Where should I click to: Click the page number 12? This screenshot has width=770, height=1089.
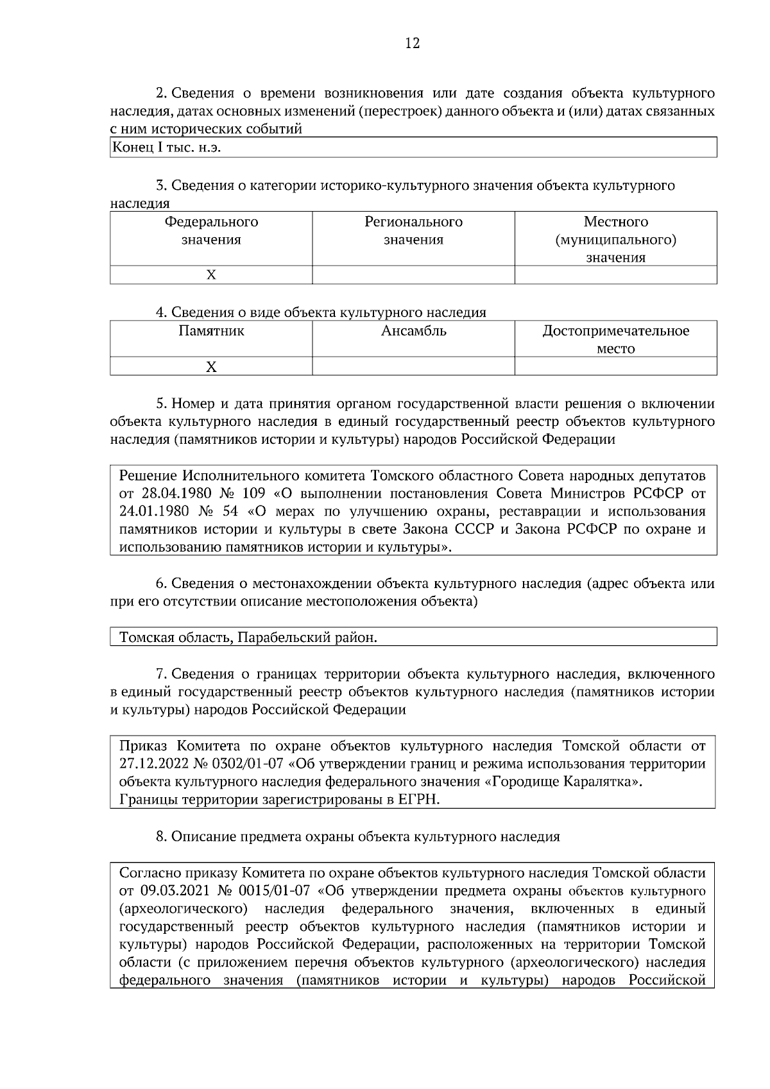(413, 44)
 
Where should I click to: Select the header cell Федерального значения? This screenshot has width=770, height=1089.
(211, 231)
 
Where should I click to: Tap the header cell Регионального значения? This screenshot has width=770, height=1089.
(413, 231)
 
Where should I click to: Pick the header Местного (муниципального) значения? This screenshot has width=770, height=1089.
(615, 239)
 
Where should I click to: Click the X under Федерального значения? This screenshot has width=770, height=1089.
(211, 275)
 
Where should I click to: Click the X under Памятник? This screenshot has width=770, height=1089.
(211, 367)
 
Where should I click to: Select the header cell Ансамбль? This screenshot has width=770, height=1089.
(413, 332)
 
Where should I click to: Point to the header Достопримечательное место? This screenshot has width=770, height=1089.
(615, 339)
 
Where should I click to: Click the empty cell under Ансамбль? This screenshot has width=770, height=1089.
(413, 367)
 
